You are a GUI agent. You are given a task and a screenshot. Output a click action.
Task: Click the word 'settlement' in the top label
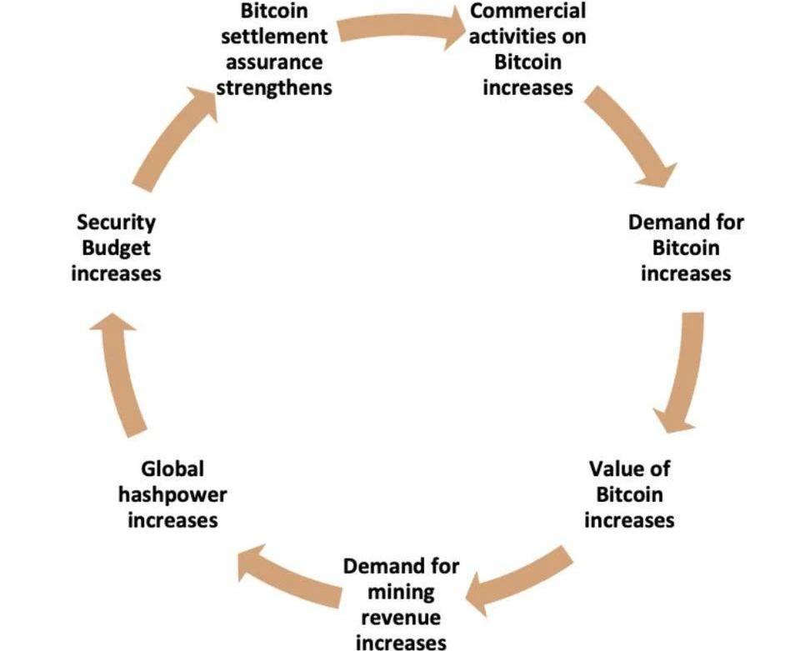tap(274, 37)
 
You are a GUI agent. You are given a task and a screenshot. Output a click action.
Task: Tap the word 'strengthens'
tap(274, 87)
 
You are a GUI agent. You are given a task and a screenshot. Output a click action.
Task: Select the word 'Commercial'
tap(528, 12)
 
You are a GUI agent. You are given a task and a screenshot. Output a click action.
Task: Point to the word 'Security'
tap(116, 223)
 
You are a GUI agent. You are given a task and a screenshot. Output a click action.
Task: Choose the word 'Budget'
tap(116, 248)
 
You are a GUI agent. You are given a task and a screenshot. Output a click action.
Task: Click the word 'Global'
tap(172, 469)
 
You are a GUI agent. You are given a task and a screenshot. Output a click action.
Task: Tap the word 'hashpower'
tap(172, 494)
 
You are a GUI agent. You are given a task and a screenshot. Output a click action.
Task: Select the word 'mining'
tap(401, 592)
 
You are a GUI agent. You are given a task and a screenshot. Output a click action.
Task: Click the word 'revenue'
tap(401, 618)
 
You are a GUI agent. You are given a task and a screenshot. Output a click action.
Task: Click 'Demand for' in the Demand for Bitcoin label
tap(685, 223)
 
